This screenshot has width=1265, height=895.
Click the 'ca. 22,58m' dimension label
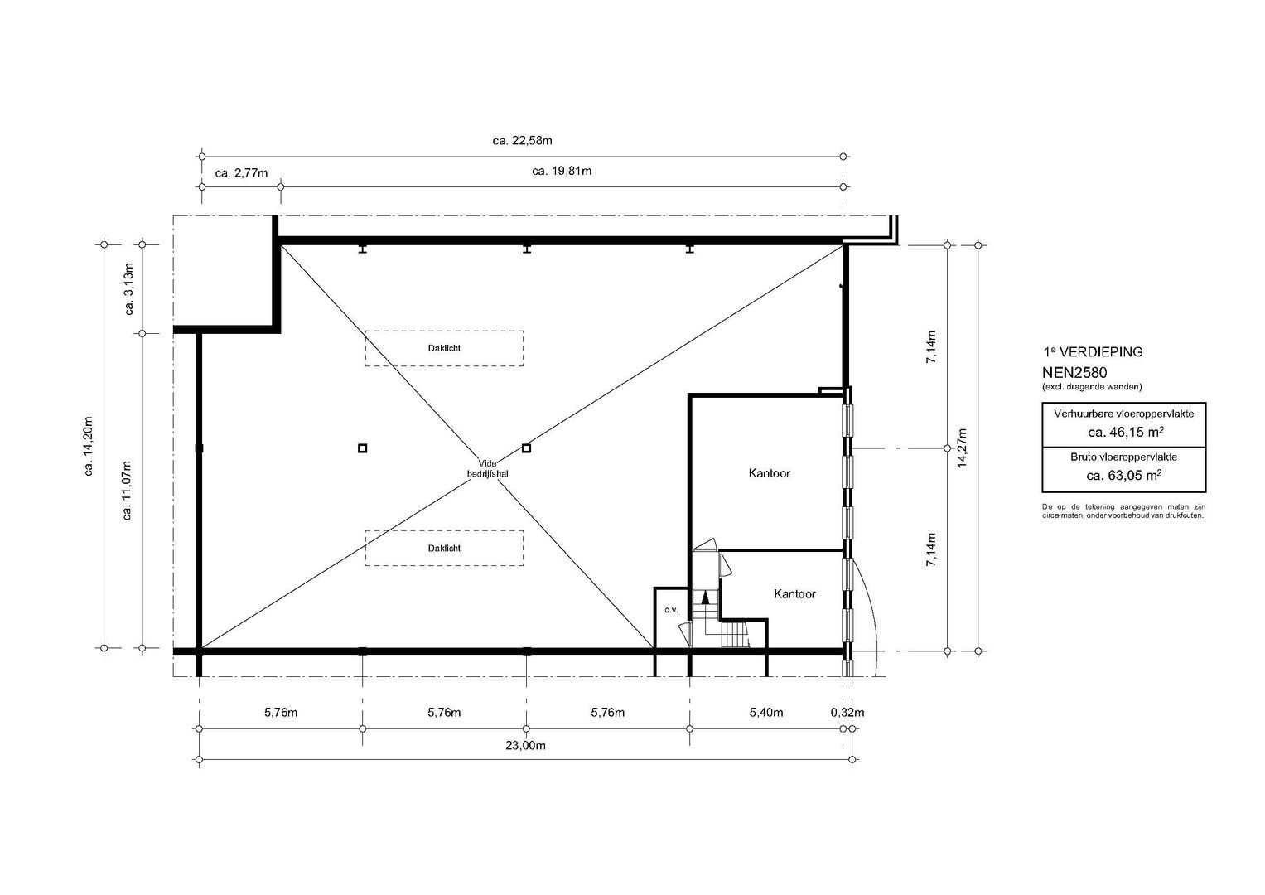pyautogui.click(x=522, y=141)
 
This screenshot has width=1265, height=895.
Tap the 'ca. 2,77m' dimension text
pyautogui.click(x=241, y=173)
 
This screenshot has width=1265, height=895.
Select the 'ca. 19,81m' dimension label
pyautogui.click(x=562, y=171)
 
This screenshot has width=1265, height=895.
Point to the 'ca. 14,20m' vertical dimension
pyautogui.click(x=89, y=447)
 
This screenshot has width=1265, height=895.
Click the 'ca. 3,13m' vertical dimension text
pyautogui.click(x=129, y=288)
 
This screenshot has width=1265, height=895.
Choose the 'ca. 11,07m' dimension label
pyautogui.click(x=127, y=491)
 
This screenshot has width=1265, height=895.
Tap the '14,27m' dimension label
pyautogui.click(x=963, y=447)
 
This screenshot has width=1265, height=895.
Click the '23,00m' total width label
pyautogui.click(x=525, y=745)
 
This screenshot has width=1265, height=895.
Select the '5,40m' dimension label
pyautogui.click(x=765, y=713)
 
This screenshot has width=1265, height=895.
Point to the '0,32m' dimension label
pyautogui.click(x=847, y=713)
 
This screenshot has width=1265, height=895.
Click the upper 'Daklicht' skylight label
pyautogui.click(x=444, y=348)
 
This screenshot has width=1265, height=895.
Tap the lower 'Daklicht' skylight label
pyautogui.click(x=444, y=548)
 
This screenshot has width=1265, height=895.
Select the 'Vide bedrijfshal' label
pyautogui.click(x=487, y=468)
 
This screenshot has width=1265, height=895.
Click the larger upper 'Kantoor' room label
pyautogui.click(x=769, y=473)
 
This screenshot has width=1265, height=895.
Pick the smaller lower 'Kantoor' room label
pyautogui.click(x=794, y=594)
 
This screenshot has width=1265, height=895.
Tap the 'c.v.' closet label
pyautogui.click(x=671, y=610)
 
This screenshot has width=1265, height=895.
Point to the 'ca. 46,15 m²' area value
pyautogui.click(x=1123, y=433)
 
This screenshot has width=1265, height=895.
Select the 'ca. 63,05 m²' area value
pyautogui.click(x=1123, y=475)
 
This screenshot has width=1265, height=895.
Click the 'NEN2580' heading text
pyautogui.click(x=1074, y=373)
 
